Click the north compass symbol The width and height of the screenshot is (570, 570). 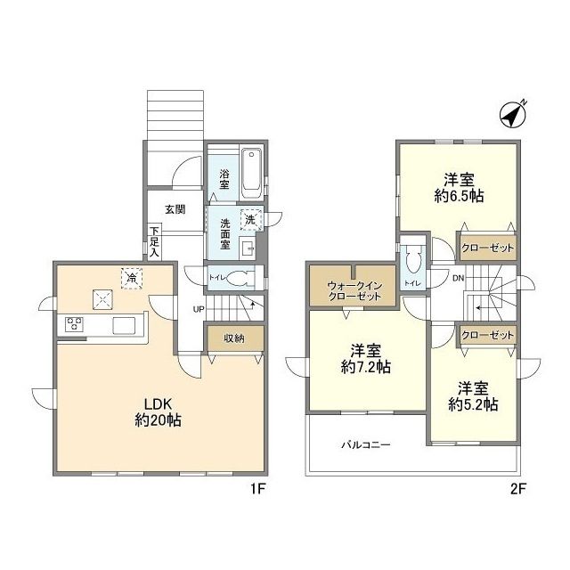[x=513, y=115]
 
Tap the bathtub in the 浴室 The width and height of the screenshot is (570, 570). [x=251, y=174]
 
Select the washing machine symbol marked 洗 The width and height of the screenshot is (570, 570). [x=251, y=219]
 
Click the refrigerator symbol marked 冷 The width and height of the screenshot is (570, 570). [x=132, y=279]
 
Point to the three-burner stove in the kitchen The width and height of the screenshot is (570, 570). [x=74, y=323]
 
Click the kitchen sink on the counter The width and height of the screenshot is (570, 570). [x=124, y=325]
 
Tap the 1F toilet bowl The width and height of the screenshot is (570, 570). [x=239, y=278]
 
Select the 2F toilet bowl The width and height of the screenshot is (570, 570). [x=412, y=257]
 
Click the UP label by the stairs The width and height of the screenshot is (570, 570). [x=199, y=309]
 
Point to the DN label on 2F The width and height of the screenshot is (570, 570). [x=459, y=279]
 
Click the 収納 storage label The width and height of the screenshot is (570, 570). [x=234, y=338]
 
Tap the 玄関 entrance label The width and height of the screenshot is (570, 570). [x=175, y=209]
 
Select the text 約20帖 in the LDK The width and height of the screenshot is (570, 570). [x=159, y=420]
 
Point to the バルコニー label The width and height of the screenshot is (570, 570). [x=366, y=444]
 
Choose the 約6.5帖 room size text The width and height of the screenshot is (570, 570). [x=459, y=196]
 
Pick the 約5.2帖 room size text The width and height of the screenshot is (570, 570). [x=473, y=404]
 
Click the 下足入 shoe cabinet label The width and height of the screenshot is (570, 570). [x=155, y=241]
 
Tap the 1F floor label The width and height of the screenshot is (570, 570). [x=257, y=489]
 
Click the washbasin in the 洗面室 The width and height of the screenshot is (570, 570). [x=248, y=248]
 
